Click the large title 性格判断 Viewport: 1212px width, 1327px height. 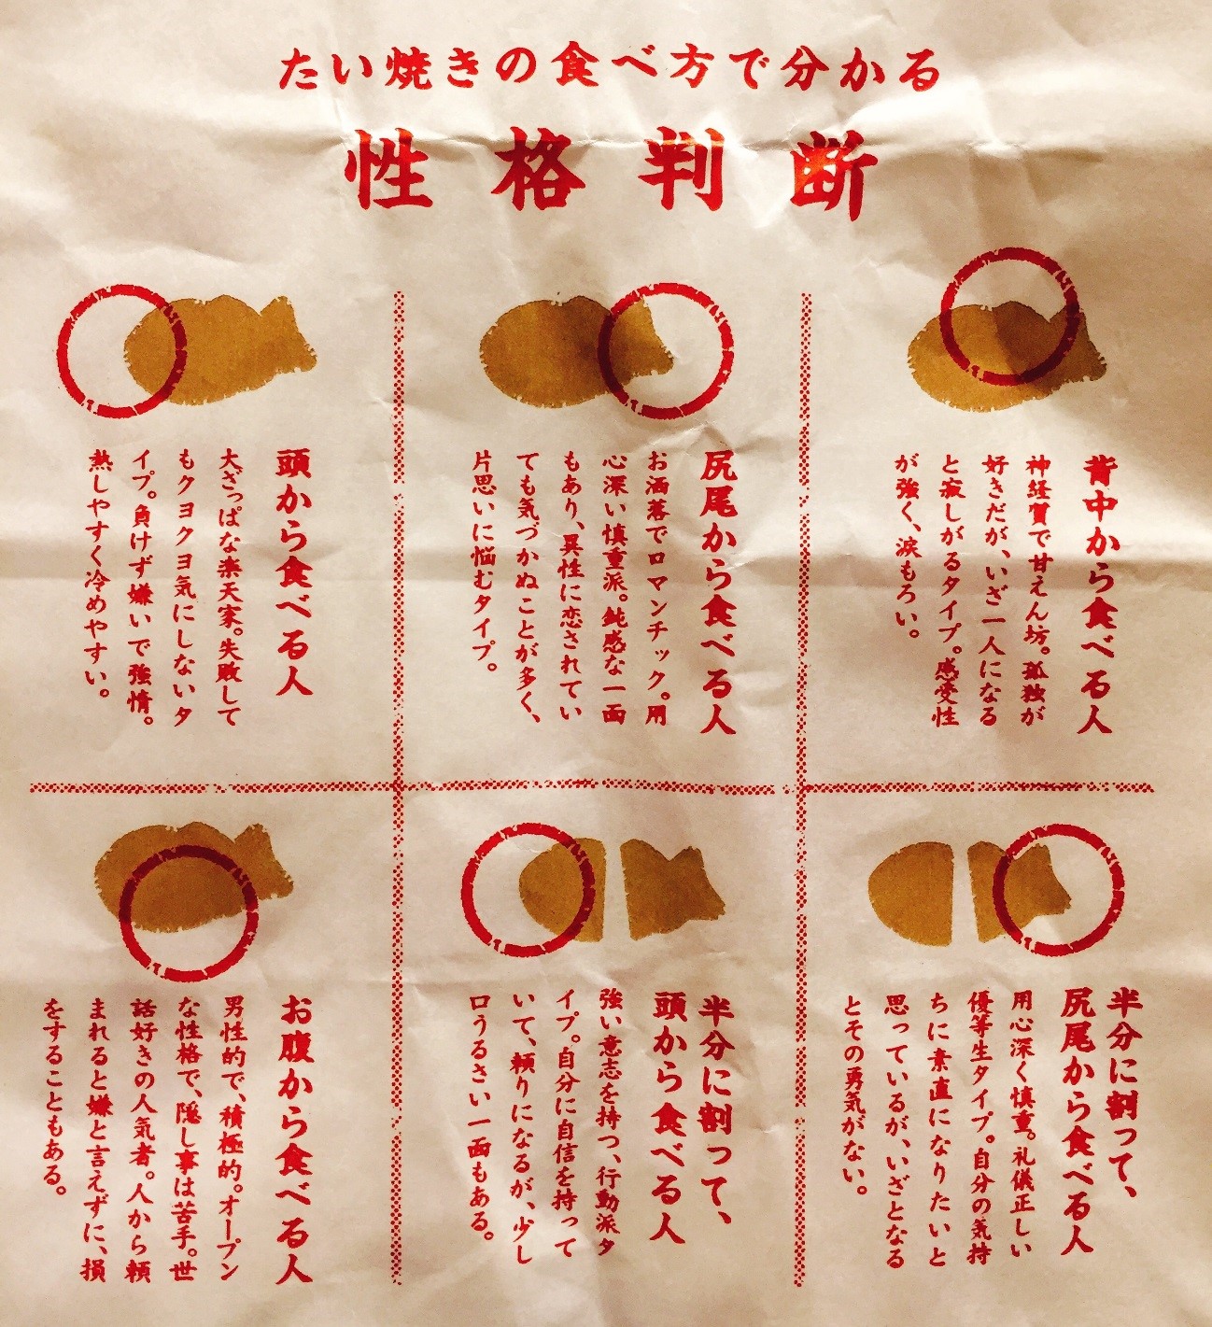tap(611, 169)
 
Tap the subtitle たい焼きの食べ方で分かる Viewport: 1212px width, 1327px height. tap(609, 71)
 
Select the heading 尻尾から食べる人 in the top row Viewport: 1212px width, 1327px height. tap(717, 593)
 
